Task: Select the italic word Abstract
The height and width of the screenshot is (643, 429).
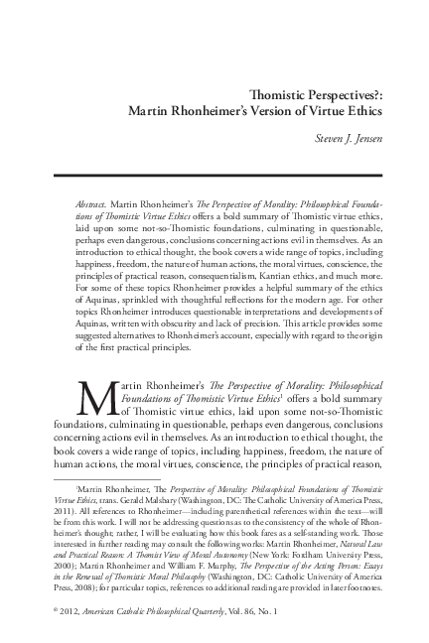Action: (92, 202)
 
